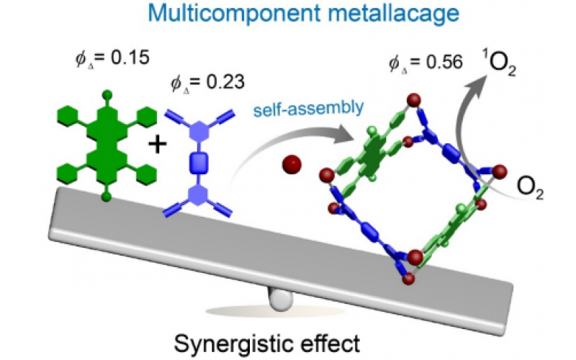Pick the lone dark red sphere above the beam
coord(292,165)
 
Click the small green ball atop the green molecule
coord(106,93)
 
